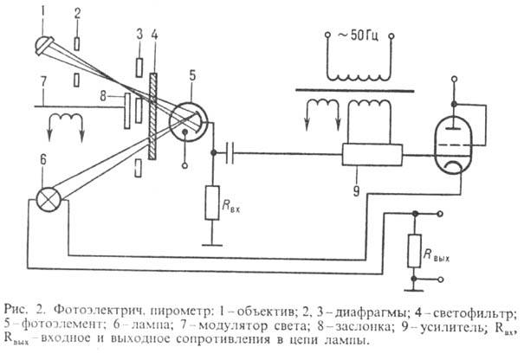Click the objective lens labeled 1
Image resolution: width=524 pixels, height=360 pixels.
[44, 41]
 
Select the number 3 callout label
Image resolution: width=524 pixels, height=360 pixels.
[139, 34]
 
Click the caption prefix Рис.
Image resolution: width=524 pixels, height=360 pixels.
[18, 308]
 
